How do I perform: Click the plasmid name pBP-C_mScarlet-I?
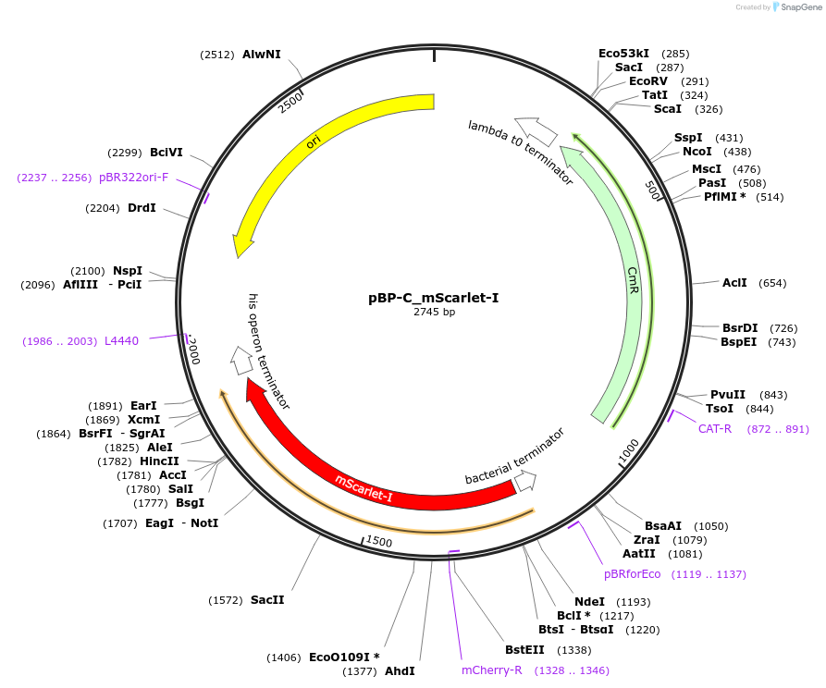coord(434,298)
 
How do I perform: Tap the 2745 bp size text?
coord(434,312)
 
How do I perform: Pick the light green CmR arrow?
coord(629,277)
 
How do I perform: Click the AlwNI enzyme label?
coord(261,55)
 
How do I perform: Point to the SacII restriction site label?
coord(267,599)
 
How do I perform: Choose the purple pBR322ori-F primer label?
coord(133,177)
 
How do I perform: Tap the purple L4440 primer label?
coord(121,340)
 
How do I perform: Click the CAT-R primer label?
coord(715,428)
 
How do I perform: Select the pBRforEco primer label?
coord(633,574)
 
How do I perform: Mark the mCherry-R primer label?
coord(492,670)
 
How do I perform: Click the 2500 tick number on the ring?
coord(290,102)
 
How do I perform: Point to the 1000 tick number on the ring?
coord(628,449)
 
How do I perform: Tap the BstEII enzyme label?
coord(524,649)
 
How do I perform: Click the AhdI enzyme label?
coord(400,670)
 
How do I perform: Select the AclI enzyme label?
coord(734,283)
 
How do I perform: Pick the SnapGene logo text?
coord(796,6)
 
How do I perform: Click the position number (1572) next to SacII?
coord(227,599)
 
